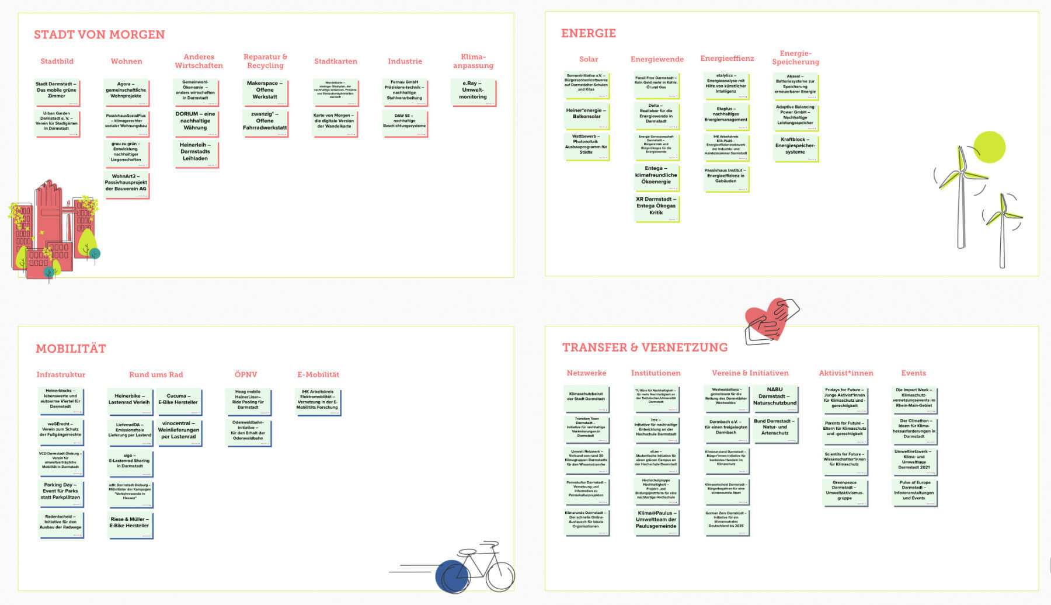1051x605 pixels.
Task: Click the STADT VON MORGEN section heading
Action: click(99, 34)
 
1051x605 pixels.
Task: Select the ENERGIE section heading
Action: click(588, 33)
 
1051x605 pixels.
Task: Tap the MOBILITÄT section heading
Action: click(71, 349)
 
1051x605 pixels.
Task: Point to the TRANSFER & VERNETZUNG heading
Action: click(645, 347)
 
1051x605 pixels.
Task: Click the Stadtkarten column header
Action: click(335, 61)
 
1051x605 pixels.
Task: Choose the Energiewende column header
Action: click(657, 59)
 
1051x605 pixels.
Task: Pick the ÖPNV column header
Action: click(245, 374)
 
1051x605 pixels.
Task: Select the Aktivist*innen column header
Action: click(845, 373)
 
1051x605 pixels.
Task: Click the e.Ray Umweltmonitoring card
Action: click(472, 91)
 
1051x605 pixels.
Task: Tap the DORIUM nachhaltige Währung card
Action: click(195, 121)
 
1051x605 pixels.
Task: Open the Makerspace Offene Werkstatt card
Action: click(265, 91)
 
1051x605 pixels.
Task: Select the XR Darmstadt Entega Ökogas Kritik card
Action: click(656, 206)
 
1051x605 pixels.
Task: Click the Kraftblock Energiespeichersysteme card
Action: click(795, 146)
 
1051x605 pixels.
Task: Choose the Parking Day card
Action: click(60, 491)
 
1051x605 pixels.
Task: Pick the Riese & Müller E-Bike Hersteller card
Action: click(129, 523)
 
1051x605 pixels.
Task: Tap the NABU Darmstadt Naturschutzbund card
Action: click(774, 397)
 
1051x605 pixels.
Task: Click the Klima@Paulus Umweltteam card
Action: click(656, 520)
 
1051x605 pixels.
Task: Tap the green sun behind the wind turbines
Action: click(989, 147)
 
